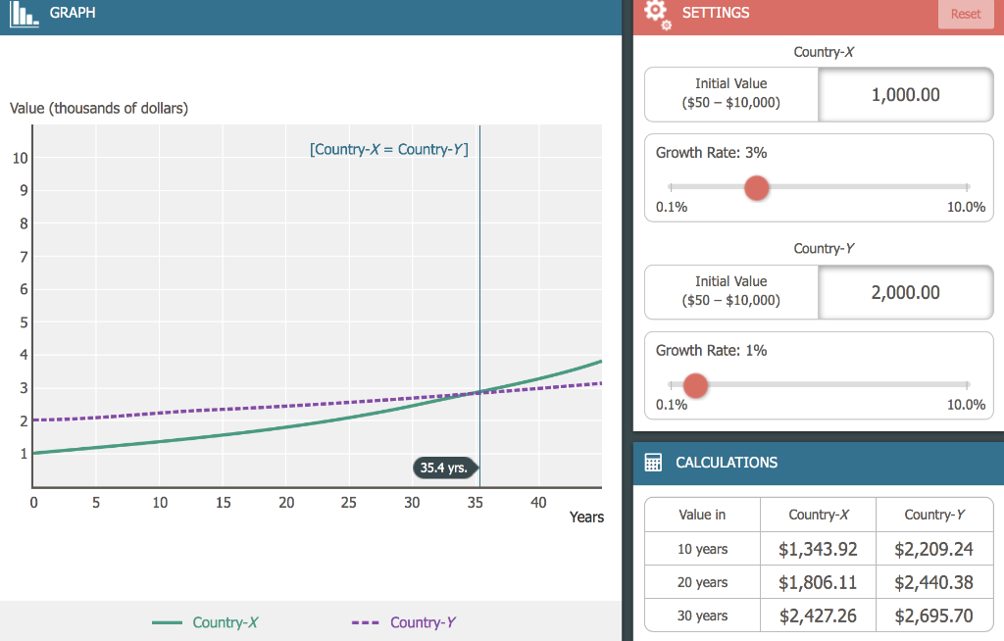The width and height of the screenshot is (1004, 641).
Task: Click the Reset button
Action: [965, 14]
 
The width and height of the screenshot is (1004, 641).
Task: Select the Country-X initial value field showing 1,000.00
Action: [905, 94]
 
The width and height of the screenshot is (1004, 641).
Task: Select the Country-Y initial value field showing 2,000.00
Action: [905, 292]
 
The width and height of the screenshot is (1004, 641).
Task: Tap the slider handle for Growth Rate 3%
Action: [756, 187]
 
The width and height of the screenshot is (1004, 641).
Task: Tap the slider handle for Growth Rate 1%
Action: [695, 385]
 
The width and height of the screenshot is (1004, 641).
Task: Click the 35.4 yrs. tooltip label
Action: [443, 468]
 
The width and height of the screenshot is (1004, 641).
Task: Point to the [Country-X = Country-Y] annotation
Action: [388, 150]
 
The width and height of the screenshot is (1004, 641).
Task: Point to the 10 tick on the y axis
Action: [20, 159]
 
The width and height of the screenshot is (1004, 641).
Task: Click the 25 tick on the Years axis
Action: [349, 503]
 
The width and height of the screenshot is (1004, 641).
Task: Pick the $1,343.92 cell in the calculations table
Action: [817, 549]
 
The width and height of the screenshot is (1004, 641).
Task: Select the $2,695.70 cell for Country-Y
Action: [933, 616]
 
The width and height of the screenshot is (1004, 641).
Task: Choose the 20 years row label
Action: [702, 582]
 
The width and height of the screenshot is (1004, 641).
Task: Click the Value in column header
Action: [702, 515]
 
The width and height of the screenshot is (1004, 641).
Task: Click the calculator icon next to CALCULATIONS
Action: [653, 463]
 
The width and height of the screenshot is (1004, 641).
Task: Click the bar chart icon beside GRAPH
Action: [25, 15]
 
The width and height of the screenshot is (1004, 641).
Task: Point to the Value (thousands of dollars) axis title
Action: [98, 108]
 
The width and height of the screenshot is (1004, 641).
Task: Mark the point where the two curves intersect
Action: [479, 392]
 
